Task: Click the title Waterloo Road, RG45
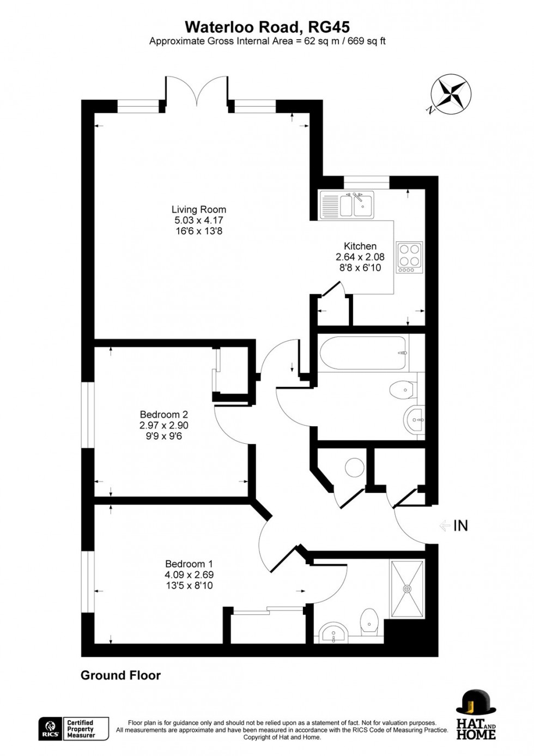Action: click(x=267, y=27)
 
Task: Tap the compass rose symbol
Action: click(x=451, y=93)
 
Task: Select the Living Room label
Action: click(x=198, y=209)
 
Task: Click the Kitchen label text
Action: click(x=360, y=246)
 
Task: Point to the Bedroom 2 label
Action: click(x=163, y=414)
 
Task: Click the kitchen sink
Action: click(x=346, y=204)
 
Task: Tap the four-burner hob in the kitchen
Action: click(x=410, y=257)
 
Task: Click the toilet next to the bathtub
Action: click(x=402, y=389)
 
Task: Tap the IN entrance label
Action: click(x=460, y=525)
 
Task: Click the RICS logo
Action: click(x=50, y=728)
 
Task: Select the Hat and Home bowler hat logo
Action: click(x=476, y=703)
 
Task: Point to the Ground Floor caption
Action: click(x=120, y=675)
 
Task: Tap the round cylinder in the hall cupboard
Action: click(x=355, y=467)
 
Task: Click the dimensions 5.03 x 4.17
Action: click(x=198, y=220)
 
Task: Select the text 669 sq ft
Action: click(x=365, y=41)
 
